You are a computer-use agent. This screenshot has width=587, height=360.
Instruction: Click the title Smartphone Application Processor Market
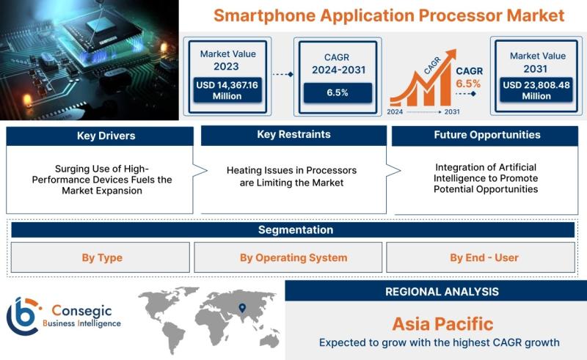pos(389,15)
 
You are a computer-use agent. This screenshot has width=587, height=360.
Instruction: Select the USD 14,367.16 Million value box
pos(227,90)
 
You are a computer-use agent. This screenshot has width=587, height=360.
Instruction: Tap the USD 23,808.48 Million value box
pos(536,90)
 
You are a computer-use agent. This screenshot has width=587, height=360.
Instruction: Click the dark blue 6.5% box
pos(338,93)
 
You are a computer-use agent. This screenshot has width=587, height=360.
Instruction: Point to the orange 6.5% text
pos(468,84)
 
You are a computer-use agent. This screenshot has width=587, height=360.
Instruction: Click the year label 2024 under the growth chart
pos(395,112)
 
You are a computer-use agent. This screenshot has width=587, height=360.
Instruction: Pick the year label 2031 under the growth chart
pos(452,112)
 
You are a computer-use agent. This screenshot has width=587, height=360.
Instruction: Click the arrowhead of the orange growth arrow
pos(451,54)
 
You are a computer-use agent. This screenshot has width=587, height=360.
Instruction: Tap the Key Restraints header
pos(294,135)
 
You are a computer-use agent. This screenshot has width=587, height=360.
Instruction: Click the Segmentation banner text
pos(296,229)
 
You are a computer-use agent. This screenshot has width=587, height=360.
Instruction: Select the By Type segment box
pos(101,257)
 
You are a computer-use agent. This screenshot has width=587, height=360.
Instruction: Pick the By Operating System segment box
pos(288,257)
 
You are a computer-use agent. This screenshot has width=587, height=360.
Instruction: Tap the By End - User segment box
pos(481,257)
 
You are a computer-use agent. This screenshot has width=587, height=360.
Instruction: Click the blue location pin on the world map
pos(242,308)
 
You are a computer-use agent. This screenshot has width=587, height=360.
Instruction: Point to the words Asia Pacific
pos(442,324)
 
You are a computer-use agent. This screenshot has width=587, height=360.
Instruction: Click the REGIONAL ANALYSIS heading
pos(442,292)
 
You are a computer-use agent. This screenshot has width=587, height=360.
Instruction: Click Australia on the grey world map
pos(269,340)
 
